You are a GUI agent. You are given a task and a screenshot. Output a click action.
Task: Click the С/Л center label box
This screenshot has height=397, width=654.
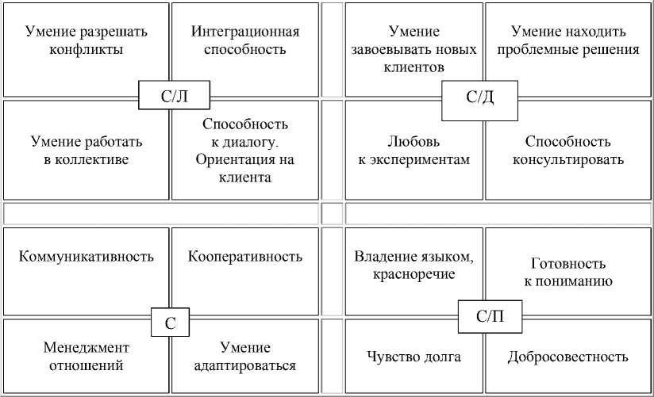(174, 97)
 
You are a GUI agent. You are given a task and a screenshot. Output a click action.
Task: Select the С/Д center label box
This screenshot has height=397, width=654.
(479, 98)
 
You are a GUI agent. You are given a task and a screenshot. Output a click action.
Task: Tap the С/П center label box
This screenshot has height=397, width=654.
(489, 318)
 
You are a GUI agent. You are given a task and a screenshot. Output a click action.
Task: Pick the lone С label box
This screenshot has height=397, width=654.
(171, 323)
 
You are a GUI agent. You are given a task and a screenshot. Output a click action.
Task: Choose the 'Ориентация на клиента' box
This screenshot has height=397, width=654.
(245, 151)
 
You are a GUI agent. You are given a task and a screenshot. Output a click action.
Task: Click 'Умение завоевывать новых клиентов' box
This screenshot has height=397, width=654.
(414, 49)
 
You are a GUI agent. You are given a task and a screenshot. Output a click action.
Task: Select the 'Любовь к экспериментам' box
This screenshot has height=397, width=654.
(414, 151)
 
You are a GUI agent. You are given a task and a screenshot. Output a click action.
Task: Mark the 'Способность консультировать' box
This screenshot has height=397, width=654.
(567, 151)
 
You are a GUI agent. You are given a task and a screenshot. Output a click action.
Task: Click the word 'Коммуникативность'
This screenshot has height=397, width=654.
(86, 257)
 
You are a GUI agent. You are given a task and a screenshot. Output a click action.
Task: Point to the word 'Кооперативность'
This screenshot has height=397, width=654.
(245, 257)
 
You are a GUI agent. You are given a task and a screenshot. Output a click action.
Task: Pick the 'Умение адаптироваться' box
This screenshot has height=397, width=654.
(245, 357)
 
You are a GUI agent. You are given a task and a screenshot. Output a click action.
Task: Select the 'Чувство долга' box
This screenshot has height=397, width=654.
(414, 357)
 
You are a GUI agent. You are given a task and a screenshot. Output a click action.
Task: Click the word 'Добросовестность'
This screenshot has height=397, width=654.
(567, 357)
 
